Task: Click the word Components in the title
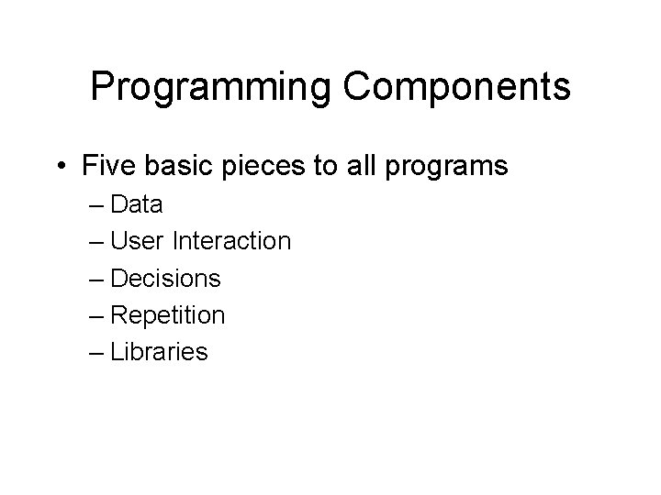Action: [x=457, y=88]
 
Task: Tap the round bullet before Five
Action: [x=60, y=168]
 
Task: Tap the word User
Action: [x=138, y=241]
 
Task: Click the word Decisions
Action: [x=165, y=278]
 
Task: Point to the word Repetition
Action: [x=167, y=315]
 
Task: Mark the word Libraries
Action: [x=159, y=352]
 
